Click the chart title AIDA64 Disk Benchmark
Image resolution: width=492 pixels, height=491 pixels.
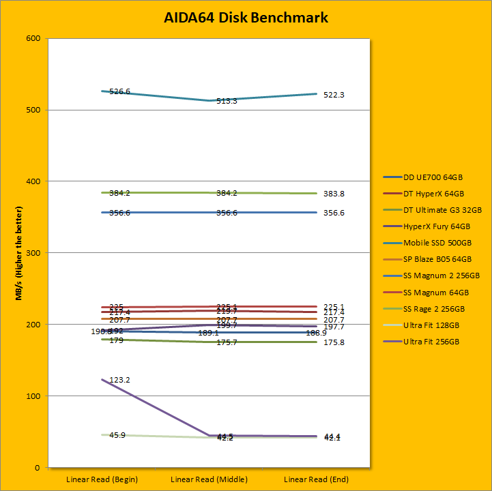click(246, 18)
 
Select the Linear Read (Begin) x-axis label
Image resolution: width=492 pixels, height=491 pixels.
click(102, 479)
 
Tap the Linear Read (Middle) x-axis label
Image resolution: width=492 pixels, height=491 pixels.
click(208, 479)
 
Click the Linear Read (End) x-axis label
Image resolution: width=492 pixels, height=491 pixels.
click(316, 479)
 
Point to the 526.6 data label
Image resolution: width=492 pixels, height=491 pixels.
click(119, 91)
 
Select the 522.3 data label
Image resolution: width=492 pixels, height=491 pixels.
click(334, 95)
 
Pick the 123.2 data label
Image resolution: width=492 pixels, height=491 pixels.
click(119, 380)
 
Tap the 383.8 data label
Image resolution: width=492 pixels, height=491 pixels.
click(334, 194)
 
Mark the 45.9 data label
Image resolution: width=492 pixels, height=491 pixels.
click(117, 435)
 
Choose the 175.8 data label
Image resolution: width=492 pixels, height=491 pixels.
click(334, 342)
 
